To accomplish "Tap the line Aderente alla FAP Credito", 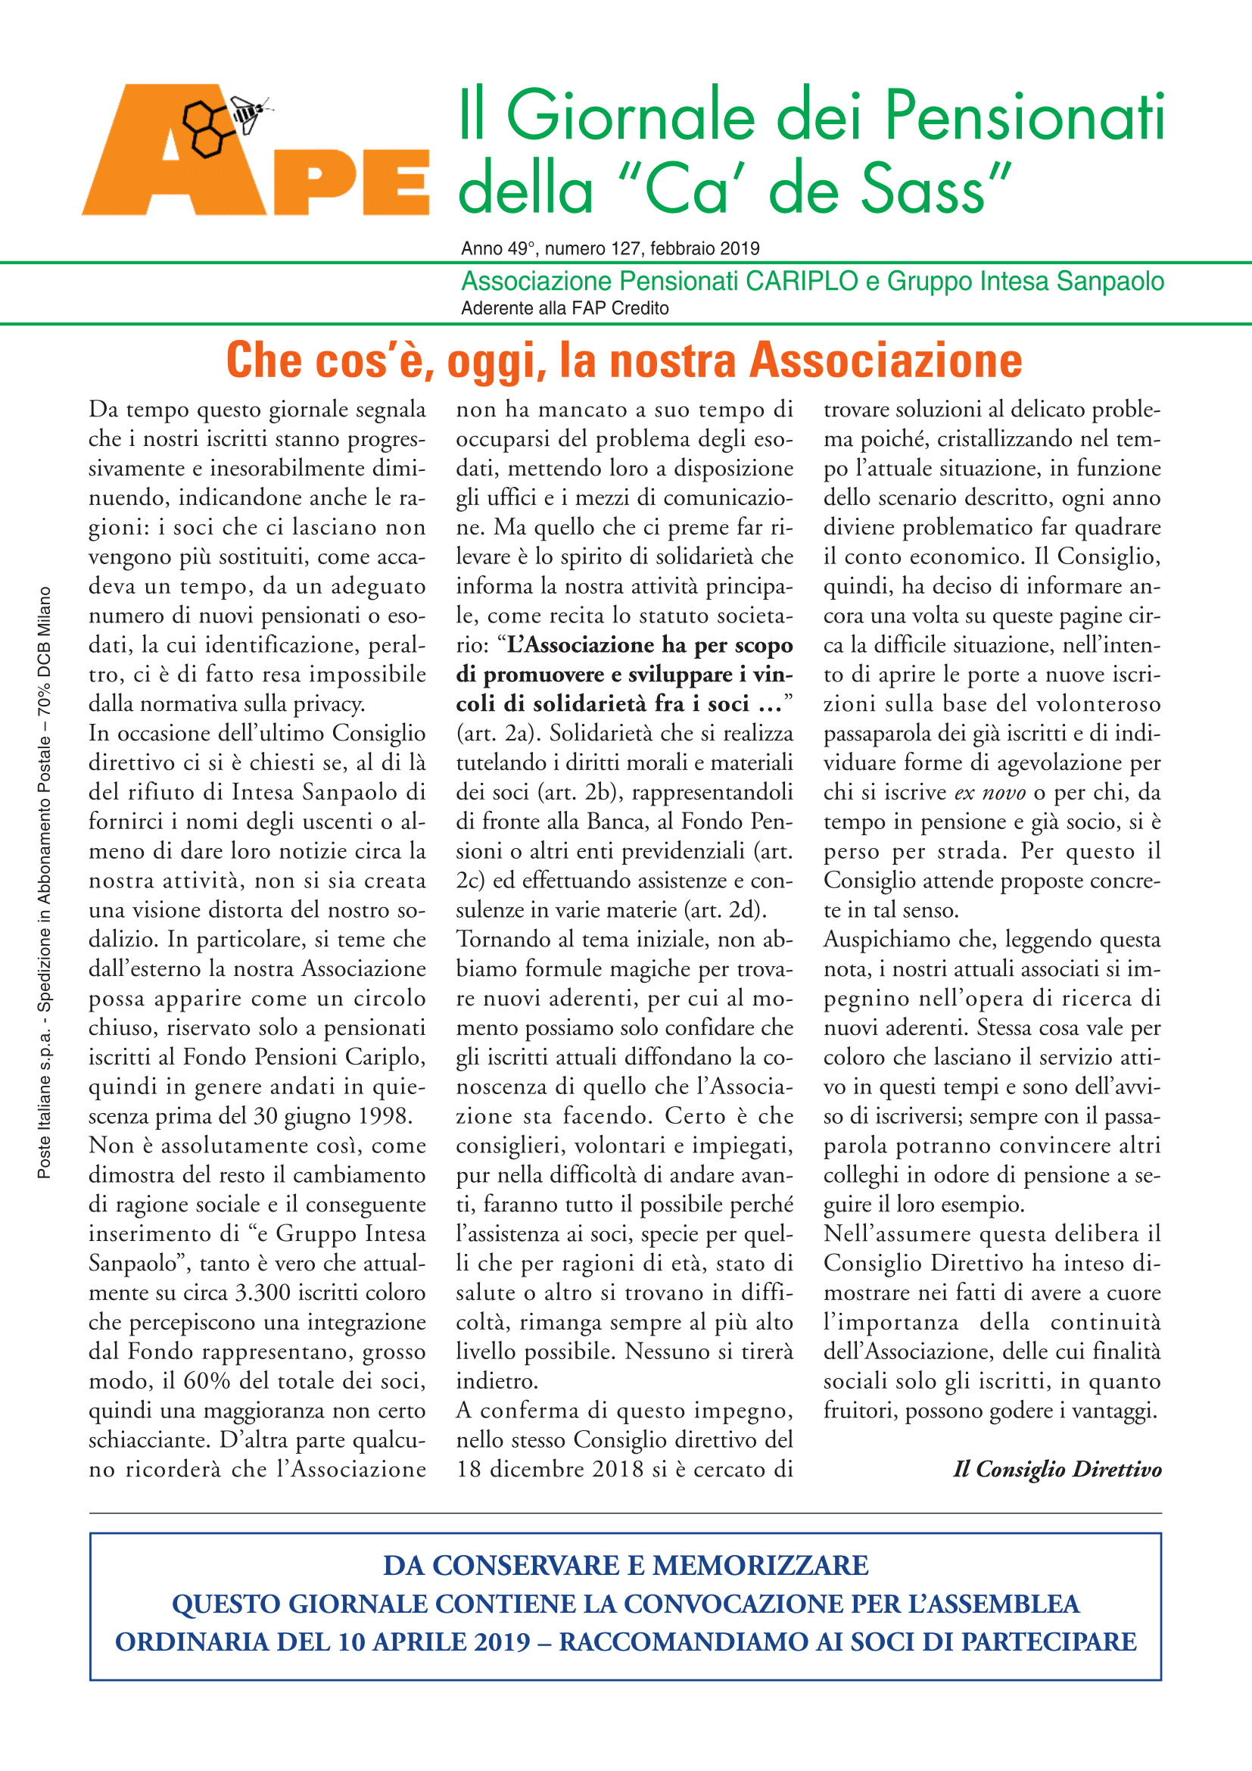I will pos(565,308).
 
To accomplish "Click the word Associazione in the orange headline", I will pos(886,361).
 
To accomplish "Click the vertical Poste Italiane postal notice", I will pos(45,882).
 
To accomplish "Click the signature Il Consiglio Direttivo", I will pos(1057,1470).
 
